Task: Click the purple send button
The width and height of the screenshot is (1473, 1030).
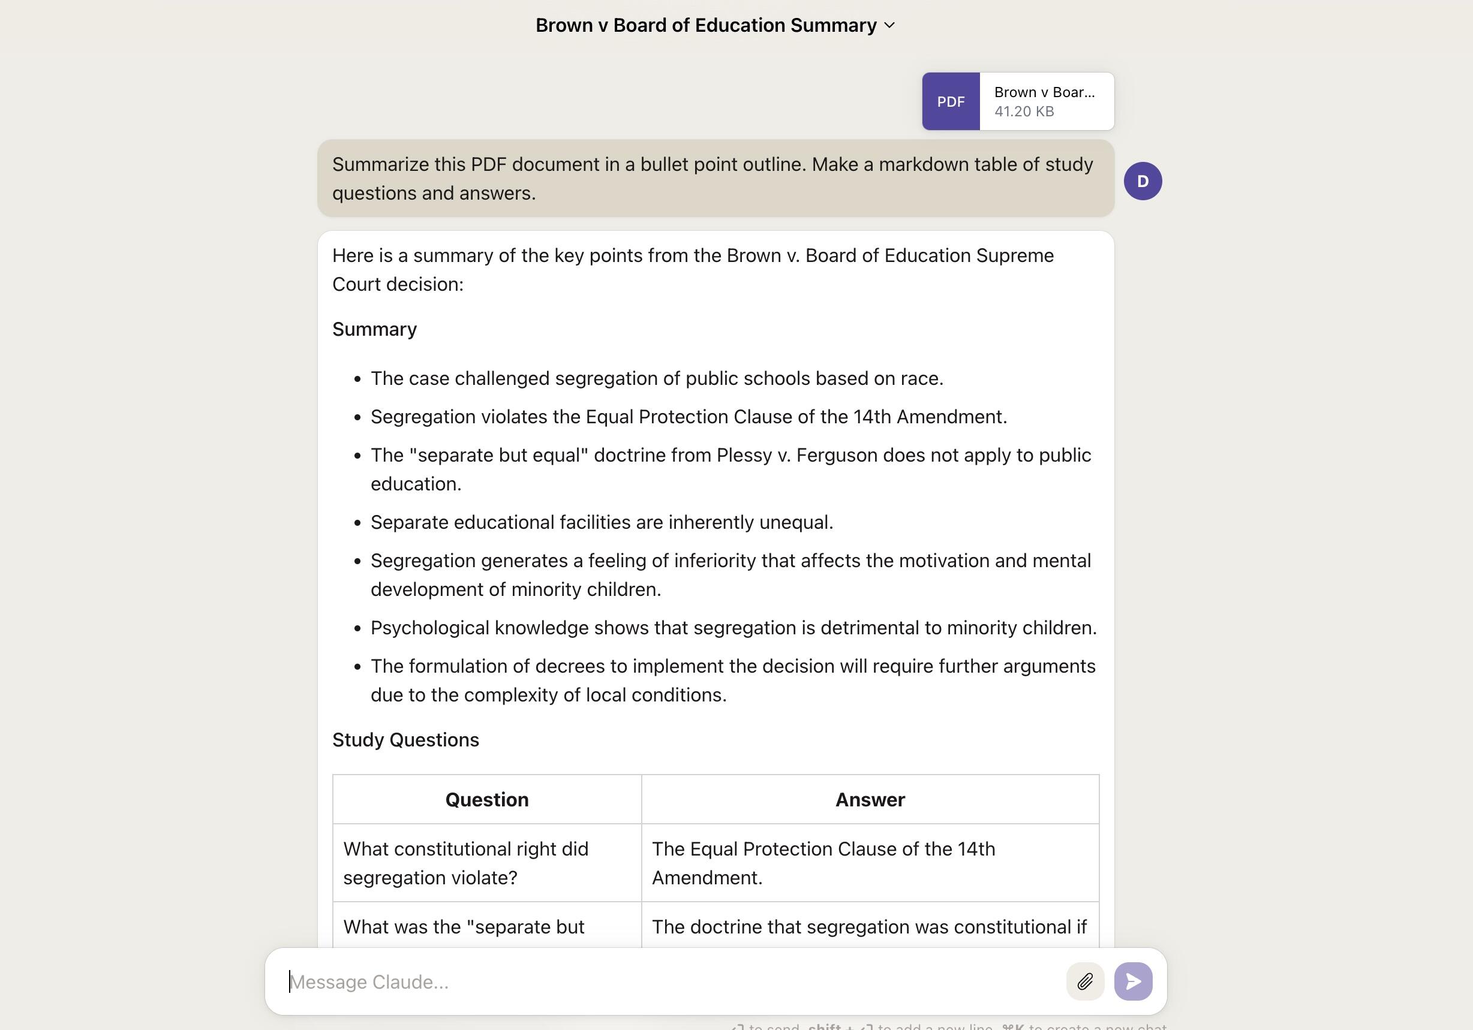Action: [x=1133, y=981]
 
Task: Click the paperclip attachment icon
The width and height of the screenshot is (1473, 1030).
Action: [x=1085, y=981]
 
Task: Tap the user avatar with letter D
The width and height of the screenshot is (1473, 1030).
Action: [x=1143, y=182]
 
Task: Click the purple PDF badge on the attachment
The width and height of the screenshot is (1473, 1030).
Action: [x=951, y=101]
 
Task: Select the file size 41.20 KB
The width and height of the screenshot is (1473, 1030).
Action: [x=1024, y=112]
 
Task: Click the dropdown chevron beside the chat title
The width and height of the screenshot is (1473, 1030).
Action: [x=889, y=26]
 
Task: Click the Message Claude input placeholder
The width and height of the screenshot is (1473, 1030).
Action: [x=369, y=982]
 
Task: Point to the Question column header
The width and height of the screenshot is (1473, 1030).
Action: [x=487, y=800]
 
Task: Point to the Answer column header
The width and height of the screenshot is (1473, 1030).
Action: [x=870, y=800]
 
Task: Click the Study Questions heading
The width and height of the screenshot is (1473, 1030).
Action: [x=405, y=740]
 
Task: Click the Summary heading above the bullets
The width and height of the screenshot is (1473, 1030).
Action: [x=375, y=330]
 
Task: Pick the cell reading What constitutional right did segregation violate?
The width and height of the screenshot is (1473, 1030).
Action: [x=466, y=863]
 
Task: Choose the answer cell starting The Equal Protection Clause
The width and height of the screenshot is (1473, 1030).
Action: [x=823, y=863]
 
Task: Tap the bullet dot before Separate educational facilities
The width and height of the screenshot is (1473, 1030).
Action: [x=357, y=523]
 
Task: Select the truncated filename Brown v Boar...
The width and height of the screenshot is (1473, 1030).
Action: [x=1044, y=92]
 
